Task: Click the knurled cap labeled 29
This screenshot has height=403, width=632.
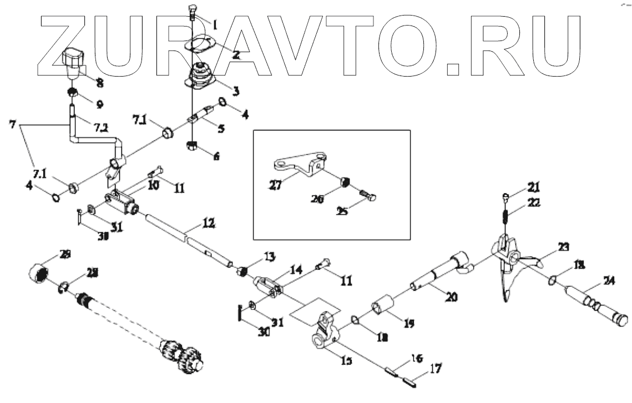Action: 39,273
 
